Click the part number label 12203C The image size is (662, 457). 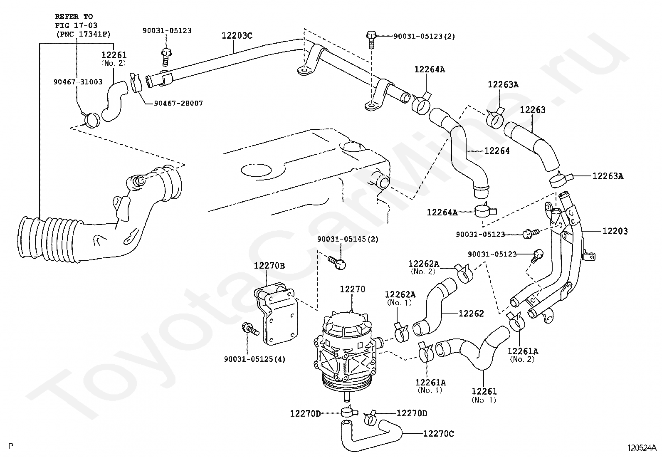tap(237, 36)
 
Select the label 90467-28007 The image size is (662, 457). tap(178, 104)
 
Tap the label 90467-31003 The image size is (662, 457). tap(78, 82)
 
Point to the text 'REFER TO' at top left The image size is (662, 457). tap(74, 17)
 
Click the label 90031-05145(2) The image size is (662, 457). tap(348, 239)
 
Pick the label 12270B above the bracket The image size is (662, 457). tap(269, 266)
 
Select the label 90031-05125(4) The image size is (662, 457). tap(254, 359)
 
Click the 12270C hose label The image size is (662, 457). tap(439, 434)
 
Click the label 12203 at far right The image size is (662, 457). tap(615, 231)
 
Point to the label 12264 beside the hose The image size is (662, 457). tap(497, 151)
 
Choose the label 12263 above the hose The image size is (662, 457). tap(533, 110)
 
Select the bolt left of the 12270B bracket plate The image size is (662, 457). tap(250, 329)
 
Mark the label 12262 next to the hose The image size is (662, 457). tap(471, 314)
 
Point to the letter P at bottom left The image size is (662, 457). tap(11, 446)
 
